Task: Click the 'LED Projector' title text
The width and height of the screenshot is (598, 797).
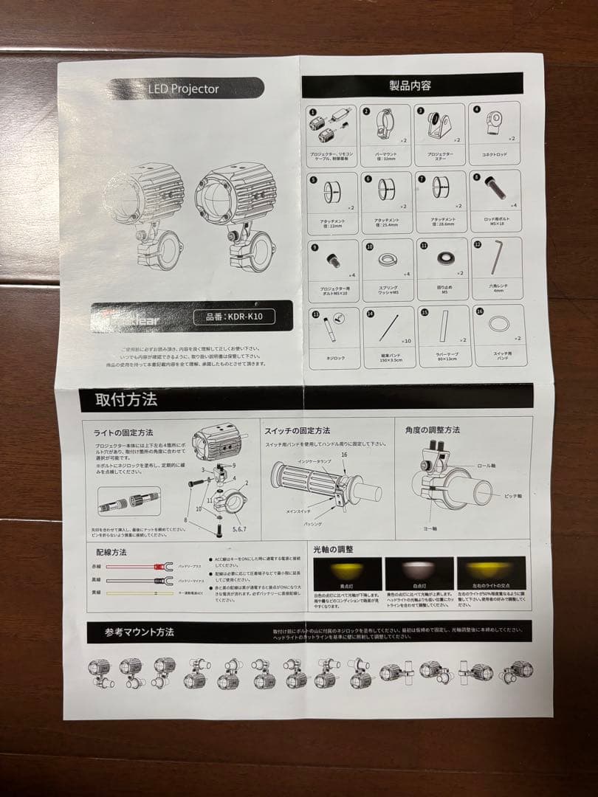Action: coord(184,89)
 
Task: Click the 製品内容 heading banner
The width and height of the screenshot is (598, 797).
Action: coord(410,86)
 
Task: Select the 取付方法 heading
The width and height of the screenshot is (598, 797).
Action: coord(126,401)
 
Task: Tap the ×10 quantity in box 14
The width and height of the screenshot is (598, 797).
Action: coord(405,341)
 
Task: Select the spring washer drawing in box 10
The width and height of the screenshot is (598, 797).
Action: coord(385,259)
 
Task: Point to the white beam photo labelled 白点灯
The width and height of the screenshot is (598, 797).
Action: coord(419,573)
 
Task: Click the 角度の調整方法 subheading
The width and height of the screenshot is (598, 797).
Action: coord(433,429)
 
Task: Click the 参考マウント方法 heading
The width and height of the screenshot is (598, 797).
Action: coord(140,632)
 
